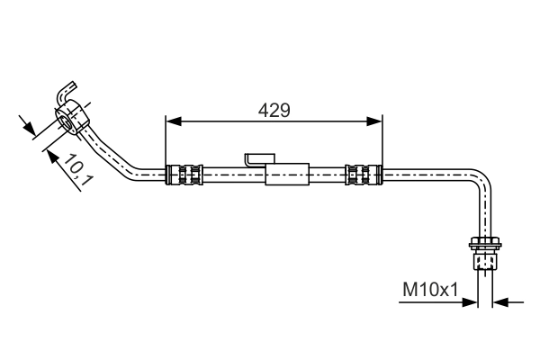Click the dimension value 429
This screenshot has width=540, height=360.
274,110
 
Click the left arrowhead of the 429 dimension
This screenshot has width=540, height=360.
173,121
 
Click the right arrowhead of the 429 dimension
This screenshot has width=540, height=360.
375,121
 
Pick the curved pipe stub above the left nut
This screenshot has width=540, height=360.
66,92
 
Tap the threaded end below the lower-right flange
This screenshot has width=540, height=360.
483,261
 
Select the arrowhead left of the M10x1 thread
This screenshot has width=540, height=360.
471,301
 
